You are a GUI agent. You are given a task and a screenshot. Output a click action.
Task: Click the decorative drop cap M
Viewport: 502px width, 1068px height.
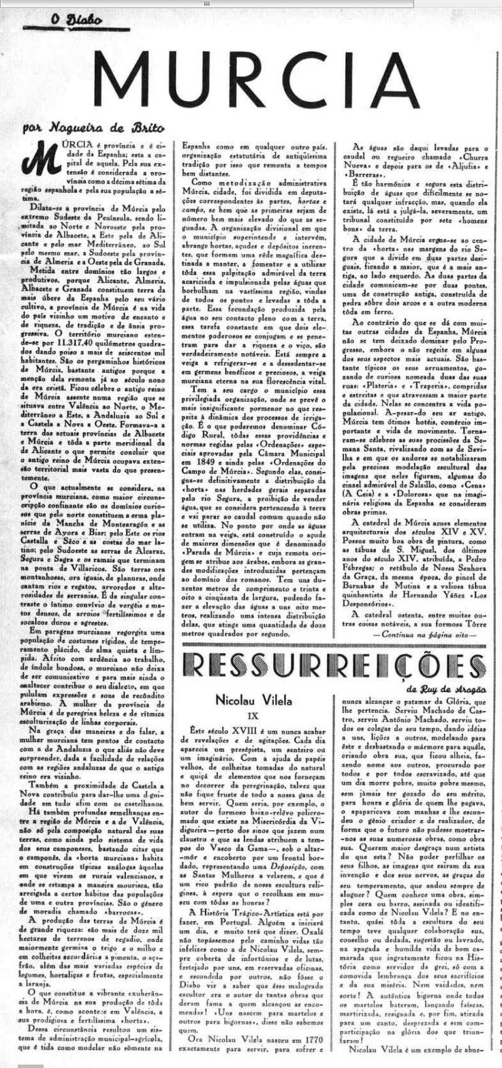(37, 156)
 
